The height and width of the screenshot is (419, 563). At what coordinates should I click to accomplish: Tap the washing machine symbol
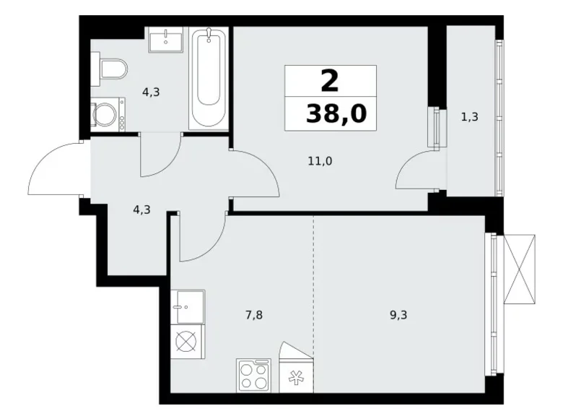coord(109,114)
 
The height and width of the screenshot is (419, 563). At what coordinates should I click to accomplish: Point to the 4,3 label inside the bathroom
coord(151,92)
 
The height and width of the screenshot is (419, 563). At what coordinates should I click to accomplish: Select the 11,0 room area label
coord(320,162)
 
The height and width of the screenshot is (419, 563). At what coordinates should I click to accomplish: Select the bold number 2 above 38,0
coord(329,81)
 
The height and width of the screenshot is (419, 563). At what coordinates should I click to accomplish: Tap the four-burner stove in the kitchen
coord(253,376)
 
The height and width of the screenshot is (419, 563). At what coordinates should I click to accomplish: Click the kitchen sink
coord(188,307)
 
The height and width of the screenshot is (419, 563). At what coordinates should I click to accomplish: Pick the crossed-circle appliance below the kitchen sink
coord(187,341)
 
